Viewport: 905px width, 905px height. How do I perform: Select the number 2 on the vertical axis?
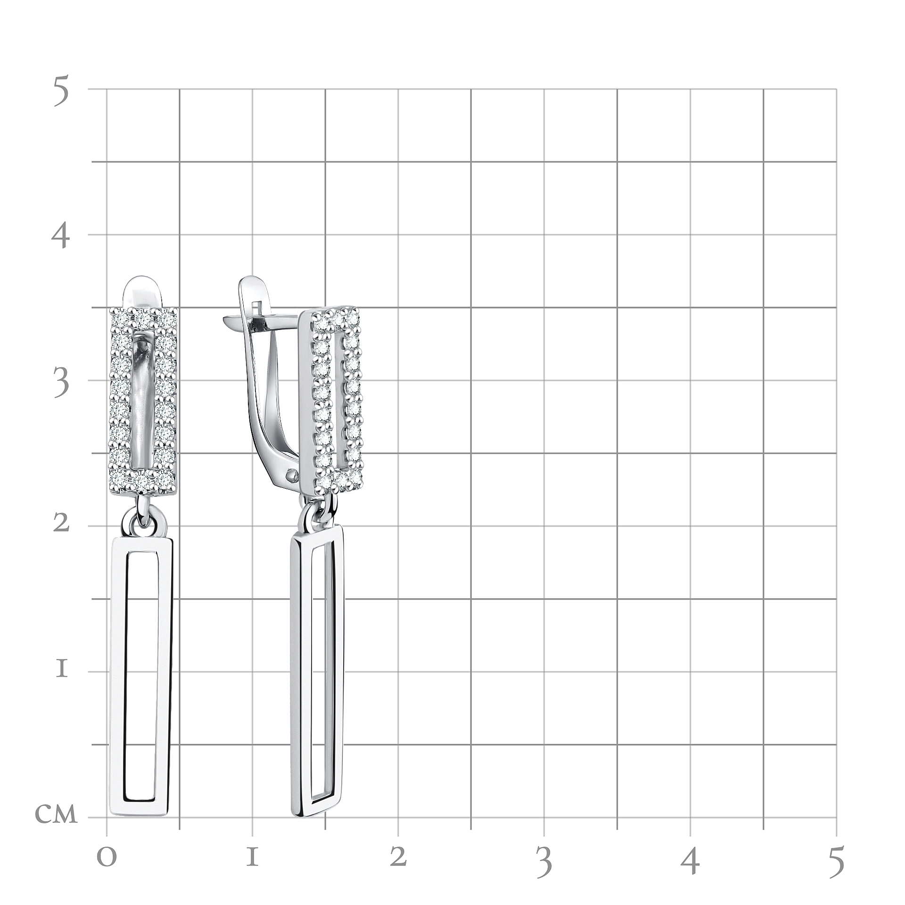[62, 523]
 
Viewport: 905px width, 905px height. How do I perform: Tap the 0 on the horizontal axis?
[107, 859]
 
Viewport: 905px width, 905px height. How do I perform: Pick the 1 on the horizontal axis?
[252, 858]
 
